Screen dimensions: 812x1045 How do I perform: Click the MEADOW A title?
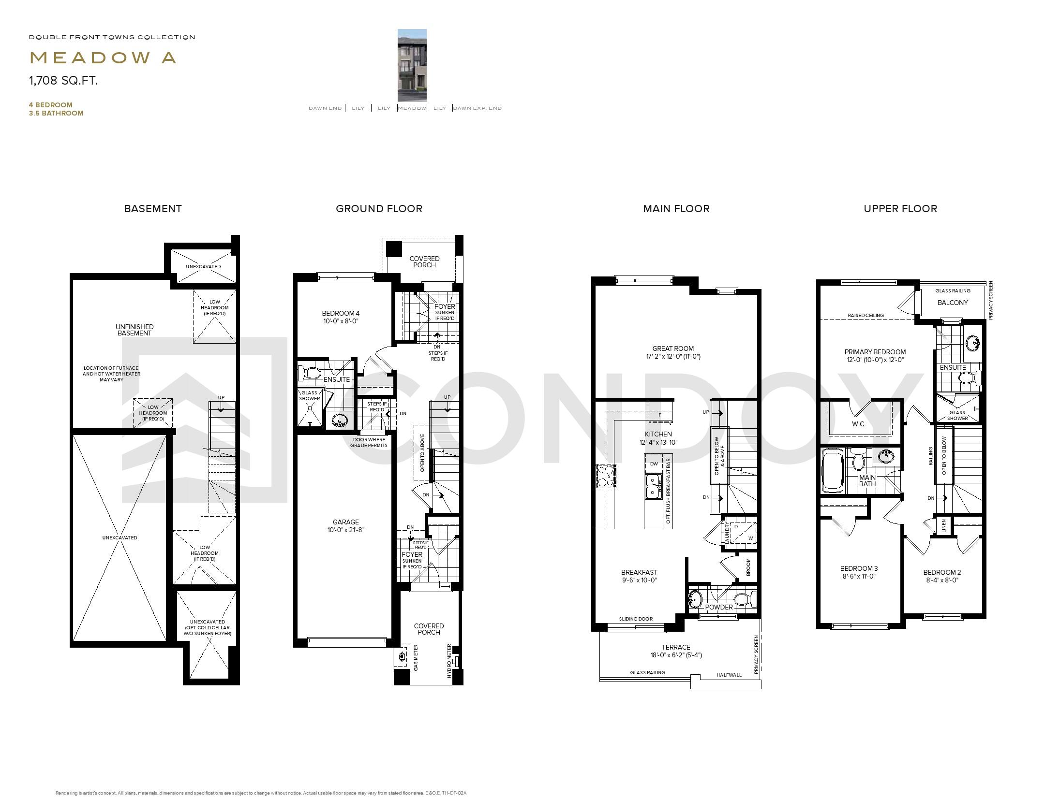click(x=103, y=58)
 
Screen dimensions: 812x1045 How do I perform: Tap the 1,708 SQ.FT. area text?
click(x=63, y=81)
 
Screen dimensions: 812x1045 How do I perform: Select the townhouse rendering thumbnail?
click(x=412, y=65)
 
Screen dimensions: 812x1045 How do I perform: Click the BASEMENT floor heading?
click(x=153, y=209)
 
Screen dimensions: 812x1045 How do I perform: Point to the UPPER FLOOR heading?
click(x=900, y=209)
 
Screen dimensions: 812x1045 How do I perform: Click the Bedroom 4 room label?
click(x=341, y=317)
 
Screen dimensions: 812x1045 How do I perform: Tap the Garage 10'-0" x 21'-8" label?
click(x=345, y=526)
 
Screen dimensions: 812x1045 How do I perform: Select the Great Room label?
click(x=672, y=352)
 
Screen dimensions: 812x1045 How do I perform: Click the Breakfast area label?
click(x=639, y=576)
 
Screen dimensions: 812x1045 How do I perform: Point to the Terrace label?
click(x=676, y=651)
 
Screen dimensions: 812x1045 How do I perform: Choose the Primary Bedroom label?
click(x=875, y=356)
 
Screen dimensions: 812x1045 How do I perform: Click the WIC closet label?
click(x=858, y=424)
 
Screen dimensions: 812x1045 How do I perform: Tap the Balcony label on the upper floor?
click(x=952, y=303)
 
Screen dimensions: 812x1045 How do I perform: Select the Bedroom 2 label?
click(x=942, y=576)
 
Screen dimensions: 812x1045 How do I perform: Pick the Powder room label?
click(x=719, y=607)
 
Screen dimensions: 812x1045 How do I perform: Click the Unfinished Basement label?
click(x=134, y=330)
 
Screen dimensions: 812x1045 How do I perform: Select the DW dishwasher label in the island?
click(x=654, y=464)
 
